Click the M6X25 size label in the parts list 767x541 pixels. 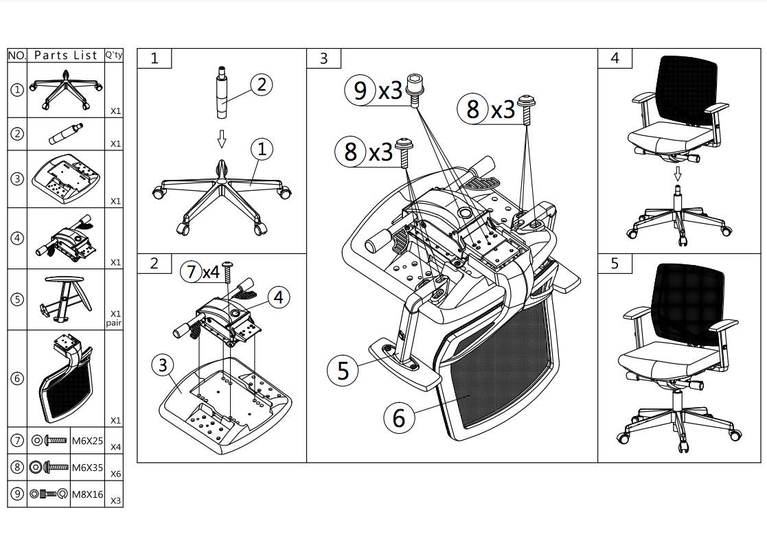pyautogui.click(x=88, y=441)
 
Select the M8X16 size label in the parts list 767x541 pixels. pyautogui.click(x=88, y=494)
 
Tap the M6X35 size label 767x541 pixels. pyautogui.click(x=88, y=468)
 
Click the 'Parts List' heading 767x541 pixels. pyautogui.click(x=65, y=56)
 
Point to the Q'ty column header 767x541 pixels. pyautogui.click(x=114, y=55)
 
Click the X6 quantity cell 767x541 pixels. pyautogui.click(x=115, y=474)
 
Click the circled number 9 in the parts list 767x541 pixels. pyautogui.click(x=17, y=494)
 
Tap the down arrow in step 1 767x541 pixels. pyautogui.click(x=222, y=139)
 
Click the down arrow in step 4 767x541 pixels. pyautogui.click(x=678, y=174)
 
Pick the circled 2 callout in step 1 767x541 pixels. pyautogui.click(x=262, y=84)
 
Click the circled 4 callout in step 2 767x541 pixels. pyautogui.click(x=278, y=297)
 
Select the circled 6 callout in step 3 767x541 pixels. pyautogui.click(x=399, y=418)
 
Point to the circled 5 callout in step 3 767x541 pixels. pyautogui.click(x=343, y=370)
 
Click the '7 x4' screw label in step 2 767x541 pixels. pyautogui.click(x=201, y=272)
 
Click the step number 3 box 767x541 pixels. pyautogui.click(x=324, y=58)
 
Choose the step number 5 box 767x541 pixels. pyautogui.click(x=615, y=264)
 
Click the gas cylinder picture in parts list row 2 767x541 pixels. pyautogui.click(x=66, y=134)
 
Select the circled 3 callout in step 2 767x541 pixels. pyautogui.click(x=163, y=365)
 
